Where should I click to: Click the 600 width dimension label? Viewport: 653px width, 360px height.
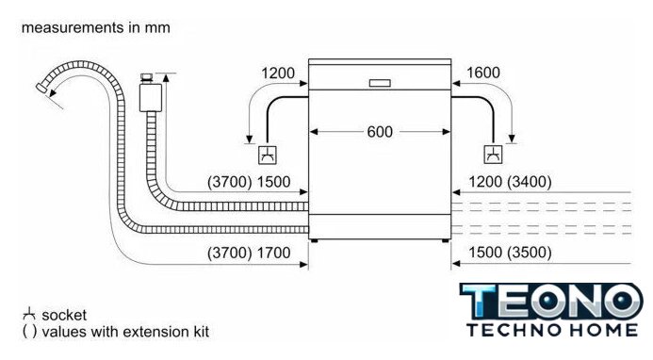[x=380, y=132]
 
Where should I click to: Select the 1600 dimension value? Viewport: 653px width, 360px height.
[x=483, y=73]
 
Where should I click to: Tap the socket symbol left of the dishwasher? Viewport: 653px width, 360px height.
[x=268, y=155]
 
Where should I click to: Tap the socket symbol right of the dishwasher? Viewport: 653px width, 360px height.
[x=493, y=155]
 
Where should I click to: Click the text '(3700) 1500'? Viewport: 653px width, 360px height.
[x=249, y=182]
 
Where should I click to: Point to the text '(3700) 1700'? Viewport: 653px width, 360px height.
[x=249, y=253]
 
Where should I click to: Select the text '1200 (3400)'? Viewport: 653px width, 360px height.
[x=510, y=182]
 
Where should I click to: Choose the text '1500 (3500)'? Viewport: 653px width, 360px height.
[x=510, y=252]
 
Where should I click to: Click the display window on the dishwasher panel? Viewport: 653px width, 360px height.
[x=380, y=83]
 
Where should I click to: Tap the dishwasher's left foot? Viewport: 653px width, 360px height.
[x=314, y=241]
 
